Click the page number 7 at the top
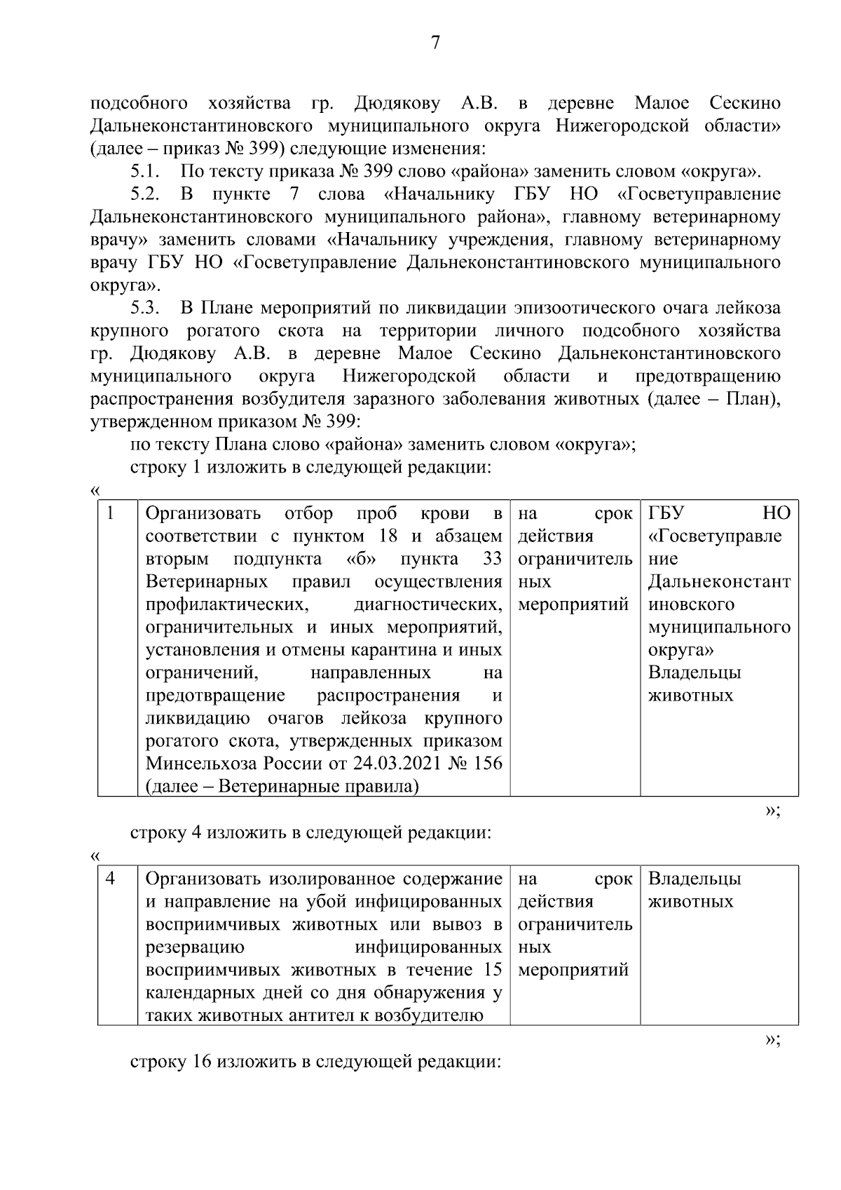(x=435, y=43)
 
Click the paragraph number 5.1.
(x=146, y=171)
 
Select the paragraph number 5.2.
(x=146, y=194)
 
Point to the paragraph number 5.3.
(x=146, y=309)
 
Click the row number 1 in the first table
(x=110, y=513)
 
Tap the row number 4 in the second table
(x=110, y=879)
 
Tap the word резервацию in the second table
(x=195, y=947)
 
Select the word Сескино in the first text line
(x=745, y=103)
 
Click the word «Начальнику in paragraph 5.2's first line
(x=439, y=194)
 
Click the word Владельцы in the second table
(x=695, y=879)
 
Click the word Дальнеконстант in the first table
(x=719, y=582)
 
